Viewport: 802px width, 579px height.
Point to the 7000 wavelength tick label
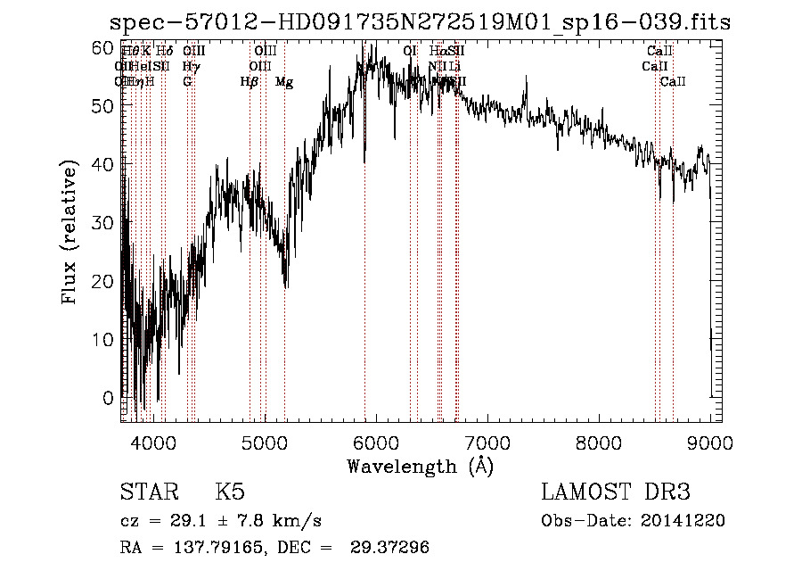(x=487, y=443)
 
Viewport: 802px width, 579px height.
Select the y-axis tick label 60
(x=104, y=47)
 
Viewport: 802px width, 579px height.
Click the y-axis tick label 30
(x=104, y=222)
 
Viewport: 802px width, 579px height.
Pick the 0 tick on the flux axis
(x=109, y=397)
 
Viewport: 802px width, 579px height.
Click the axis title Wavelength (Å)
(x=420, y=466)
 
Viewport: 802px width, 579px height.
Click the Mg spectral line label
(x=284, y=82)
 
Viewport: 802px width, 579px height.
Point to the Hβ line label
(x=250, y=82)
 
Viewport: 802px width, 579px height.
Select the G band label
(x=187, y=82)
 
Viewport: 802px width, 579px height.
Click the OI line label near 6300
(x=410, y=52)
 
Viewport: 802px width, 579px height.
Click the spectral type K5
(x=230, y=492)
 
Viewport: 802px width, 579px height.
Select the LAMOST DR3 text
(x=616, y=492)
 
